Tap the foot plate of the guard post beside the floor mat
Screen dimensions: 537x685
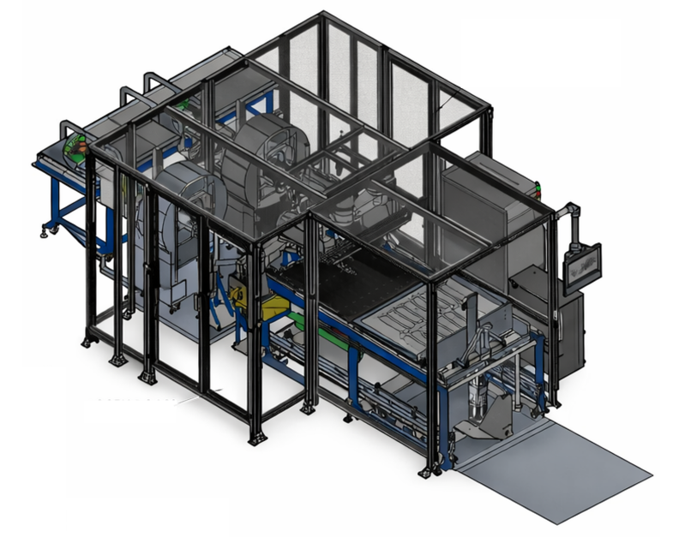pyautogui.click(x=426, y=472)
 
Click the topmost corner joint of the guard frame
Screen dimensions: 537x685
pyautogui.click(x=323, y=14)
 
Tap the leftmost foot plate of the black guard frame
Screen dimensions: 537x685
pyautogui.click(x=88, y=343)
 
